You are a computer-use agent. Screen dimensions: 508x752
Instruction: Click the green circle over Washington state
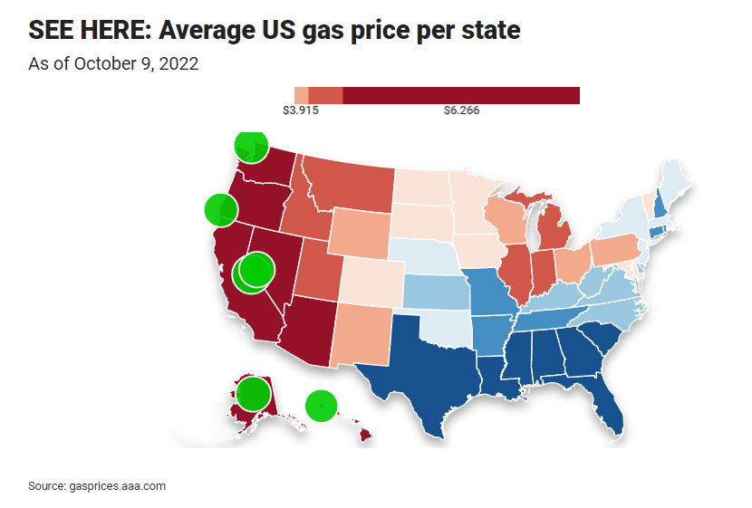click(251, 145)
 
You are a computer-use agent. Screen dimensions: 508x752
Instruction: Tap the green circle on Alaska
click(254, 395)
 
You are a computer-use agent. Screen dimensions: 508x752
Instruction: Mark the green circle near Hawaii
click(321, 406)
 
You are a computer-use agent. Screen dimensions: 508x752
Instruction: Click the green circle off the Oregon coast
click(218, 210)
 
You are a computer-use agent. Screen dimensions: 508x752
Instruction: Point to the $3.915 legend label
click(301, 111)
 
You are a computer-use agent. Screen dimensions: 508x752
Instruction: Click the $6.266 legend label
click(461, 111)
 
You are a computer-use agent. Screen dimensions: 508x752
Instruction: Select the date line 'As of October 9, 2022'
click(113, 63)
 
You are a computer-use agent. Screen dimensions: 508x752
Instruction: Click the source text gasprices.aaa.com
click(97, 486)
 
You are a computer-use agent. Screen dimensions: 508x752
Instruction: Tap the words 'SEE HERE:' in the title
click(89, 30)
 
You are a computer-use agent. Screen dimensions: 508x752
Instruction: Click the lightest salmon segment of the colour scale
click(302, 95)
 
